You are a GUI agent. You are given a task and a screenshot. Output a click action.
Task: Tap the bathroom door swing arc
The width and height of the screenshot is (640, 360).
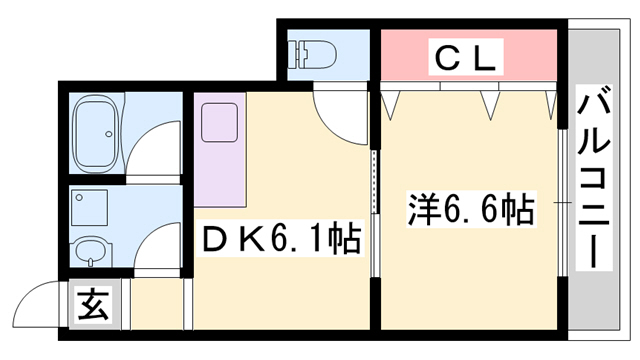[155, 149]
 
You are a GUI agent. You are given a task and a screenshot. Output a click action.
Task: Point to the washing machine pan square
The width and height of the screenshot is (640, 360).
[95, 206]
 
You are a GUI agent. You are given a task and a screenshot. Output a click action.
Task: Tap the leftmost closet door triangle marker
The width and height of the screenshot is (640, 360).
[391, 99]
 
